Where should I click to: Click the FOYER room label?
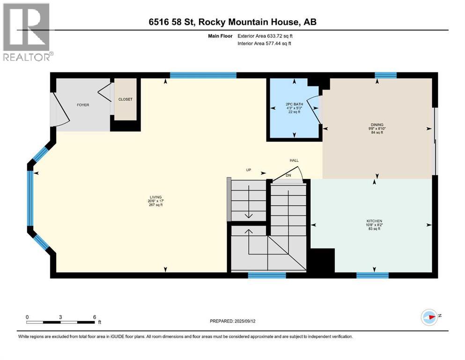83,105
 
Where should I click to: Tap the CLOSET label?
125,99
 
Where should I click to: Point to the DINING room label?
377,125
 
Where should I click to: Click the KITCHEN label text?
374,221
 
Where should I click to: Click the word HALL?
294,160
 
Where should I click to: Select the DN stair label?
288,175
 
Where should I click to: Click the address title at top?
232,22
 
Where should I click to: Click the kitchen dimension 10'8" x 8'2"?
374,225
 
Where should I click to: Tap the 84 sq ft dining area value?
377,133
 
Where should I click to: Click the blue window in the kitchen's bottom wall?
372,275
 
